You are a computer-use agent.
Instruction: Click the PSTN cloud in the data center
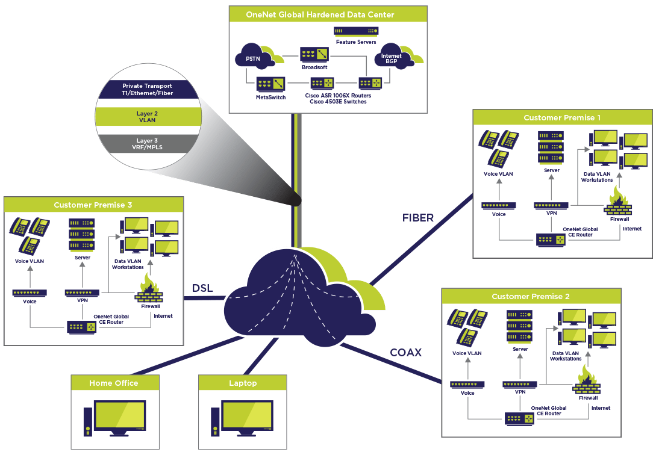pos(254,58)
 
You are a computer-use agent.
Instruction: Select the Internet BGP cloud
pos(388,58)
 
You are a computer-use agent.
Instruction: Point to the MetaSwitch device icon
pos(270,82)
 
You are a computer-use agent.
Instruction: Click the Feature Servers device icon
pos(356,31)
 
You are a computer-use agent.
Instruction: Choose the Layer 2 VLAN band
pos(146,116)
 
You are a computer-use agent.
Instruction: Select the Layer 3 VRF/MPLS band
pos(146,144)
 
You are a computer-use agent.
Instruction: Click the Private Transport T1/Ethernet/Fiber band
pos(146,89)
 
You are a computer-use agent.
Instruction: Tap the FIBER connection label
pos(418,218)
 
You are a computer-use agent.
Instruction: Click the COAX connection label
pos(405,352)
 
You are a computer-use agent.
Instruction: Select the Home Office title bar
pos(114,383)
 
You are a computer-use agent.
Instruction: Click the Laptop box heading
pos(243,383)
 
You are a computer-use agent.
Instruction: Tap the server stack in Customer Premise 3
pos(82,235)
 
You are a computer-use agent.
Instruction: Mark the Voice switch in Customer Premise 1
pos(498,205)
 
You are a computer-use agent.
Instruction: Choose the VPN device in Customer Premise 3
pos(82,292)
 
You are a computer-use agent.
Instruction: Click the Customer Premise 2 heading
pos(530,296)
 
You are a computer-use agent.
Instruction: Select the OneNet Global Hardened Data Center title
pos(328,14)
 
